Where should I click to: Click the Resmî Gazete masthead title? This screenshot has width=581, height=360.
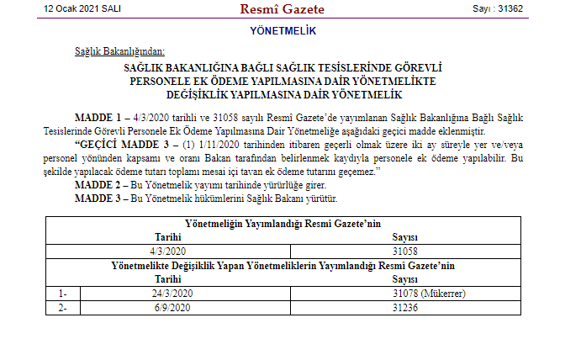click(x=283, y=9)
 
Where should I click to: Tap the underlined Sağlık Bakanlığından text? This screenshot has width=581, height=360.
click(x=119, y=52)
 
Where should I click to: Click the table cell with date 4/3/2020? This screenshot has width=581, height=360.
click(x=168, y=251)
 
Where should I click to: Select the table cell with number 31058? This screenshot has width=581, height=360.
click(x=405, y=251)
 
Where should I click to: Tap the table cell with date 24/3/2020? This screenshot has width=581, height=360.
click(x=173, y=293)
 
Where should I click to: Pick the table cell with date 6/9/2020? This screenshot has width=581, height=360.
click(x=173, y=307)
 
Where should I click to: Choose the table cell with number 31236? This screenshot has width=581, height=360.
click(x=405, y=307)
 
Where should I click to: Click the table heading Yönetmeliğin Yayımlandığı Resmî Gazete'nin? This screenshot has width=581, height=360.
click(x=283, y=223)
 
